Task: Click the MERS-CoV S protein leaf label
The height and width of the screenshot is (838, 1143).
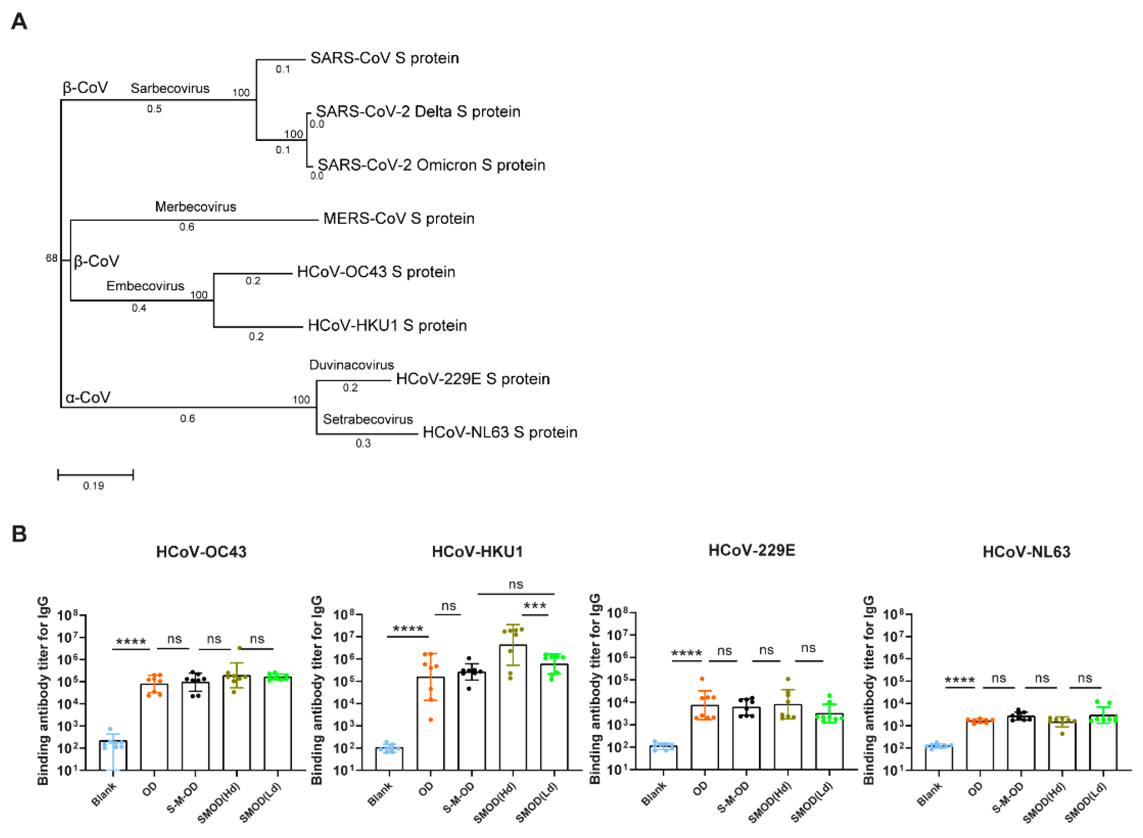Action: (399, 218)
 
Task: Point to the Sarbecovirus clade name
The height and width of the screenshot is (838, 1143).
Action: (170, 88)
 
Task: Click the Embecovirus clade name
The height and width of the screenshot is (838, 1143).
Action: (145, 286)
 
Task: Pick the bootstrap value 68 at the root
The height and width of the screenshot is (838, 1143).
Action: (51, 258)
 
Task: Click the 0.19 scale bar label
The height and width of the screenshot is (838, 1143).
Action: (93, 486)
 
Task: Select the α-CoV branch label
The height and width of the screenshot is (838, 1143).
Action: (88, 397)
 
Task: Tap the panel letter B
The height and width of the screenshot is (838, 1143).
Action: (19, 534)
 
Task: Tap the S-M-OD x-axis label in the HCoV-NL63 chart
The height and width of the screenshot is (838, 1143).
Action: (1008, 798)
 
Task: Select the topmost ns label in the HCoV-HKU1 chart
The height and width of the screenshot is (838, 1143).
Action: (515, 584)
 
